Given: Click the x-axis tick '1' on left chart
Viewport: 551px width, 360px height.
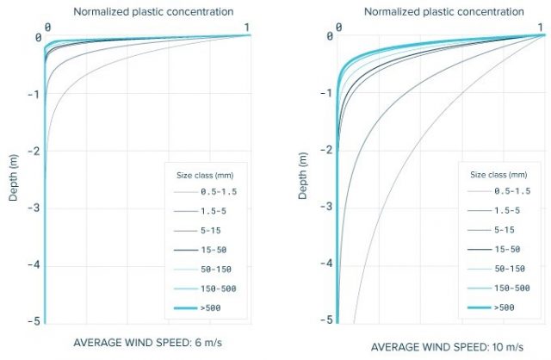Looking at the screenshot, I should (x=248, y=27).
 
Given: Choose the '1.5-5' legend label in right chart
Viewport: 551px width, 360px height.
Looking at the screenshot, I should (x=508, y=210).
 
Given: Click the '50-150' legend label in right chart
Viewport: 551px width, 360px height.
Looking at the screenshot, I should (x=510, y=269).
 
